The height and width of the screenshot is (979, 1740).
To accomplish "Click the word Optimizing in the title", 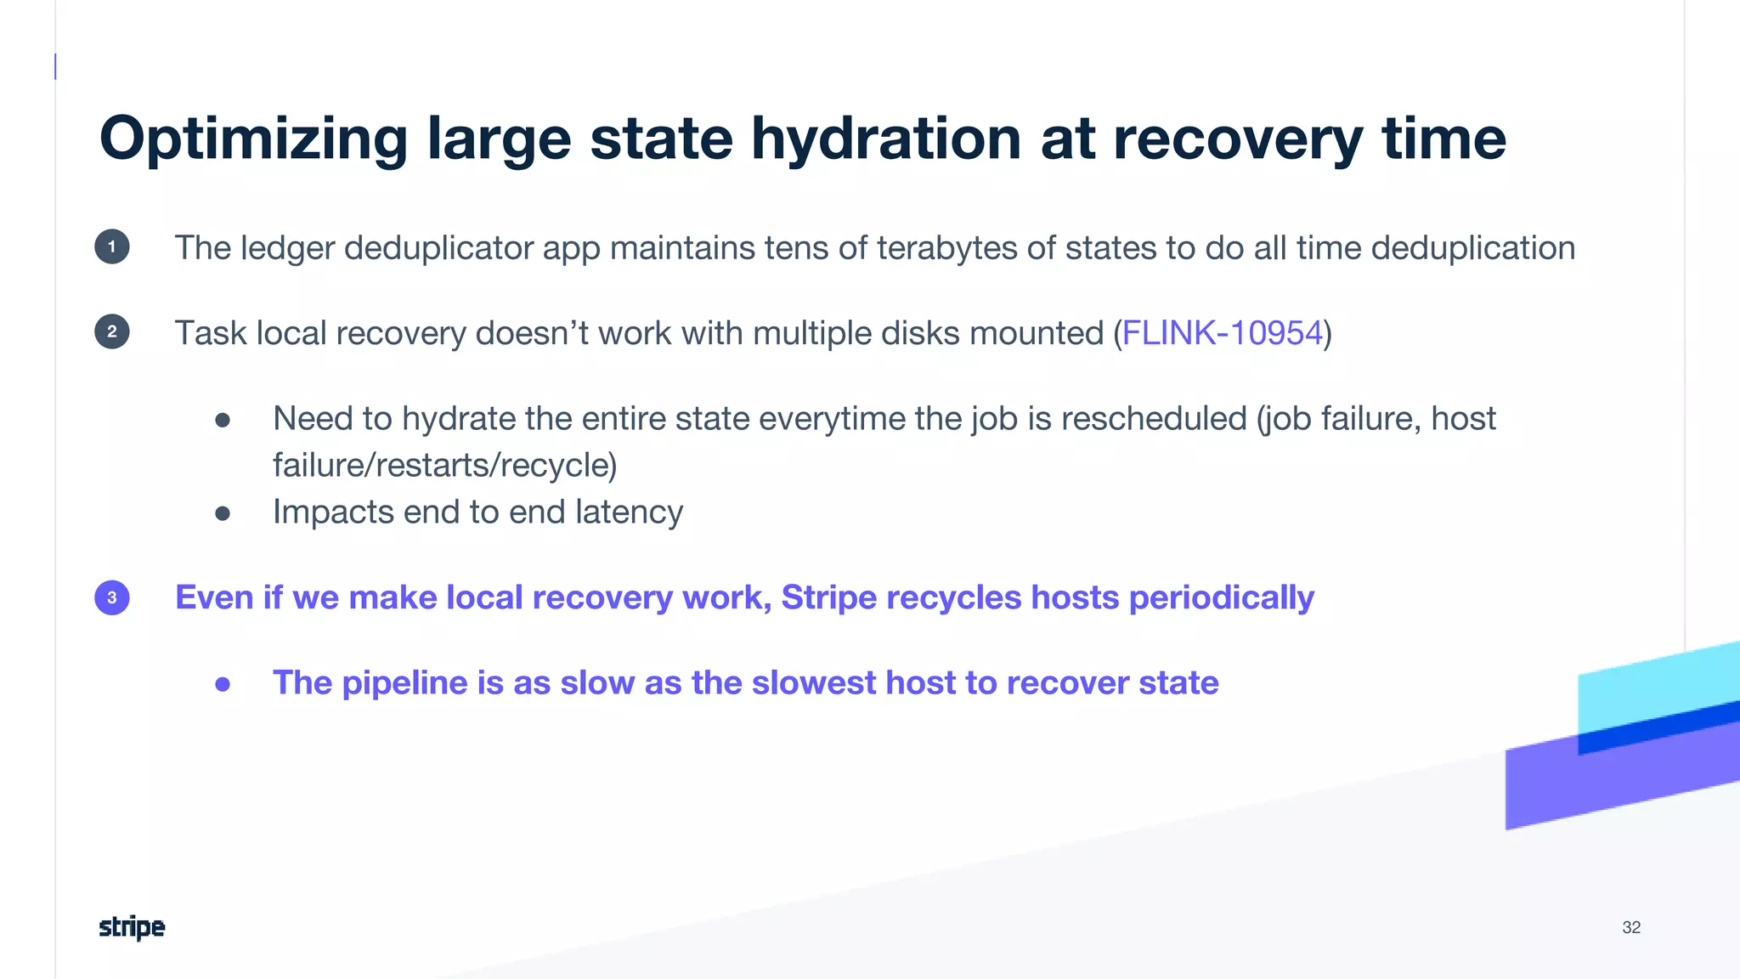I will click(253, 139).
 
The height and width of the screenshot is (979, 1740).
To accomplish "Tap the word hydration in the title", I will click(885, 138).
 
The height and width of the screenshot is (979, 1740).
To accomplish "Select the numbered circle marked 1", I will click(112, 247).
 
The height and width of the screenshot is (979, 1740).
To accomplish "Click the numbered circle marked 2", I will click(112, 332).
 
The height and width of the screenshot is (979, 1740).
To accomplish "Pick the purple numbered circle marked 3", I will click(112, 597).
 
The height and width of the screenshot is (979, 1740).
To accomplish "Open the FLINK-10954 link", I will click(1223, 333).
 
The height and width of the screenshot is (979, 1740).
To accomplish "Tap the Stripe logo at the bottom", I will click(132, 927).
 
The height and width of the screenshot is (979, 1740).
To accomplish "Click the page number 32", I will click(1631, 927).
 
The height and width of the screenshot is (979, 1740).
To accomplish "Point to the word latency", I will click(629, 512).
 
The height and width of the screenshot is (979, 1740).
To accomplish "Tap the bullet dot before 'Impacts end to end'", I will click(223, 512).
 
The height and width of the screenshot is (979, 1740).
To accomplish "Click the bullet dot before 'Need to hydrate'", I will click(223, 420).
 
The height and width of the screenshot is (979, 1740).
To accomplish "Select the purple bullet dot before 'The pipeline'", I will click(223, 683).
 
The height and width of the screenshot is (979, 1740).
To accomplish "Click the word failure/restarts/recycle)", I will click(444, 465).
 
